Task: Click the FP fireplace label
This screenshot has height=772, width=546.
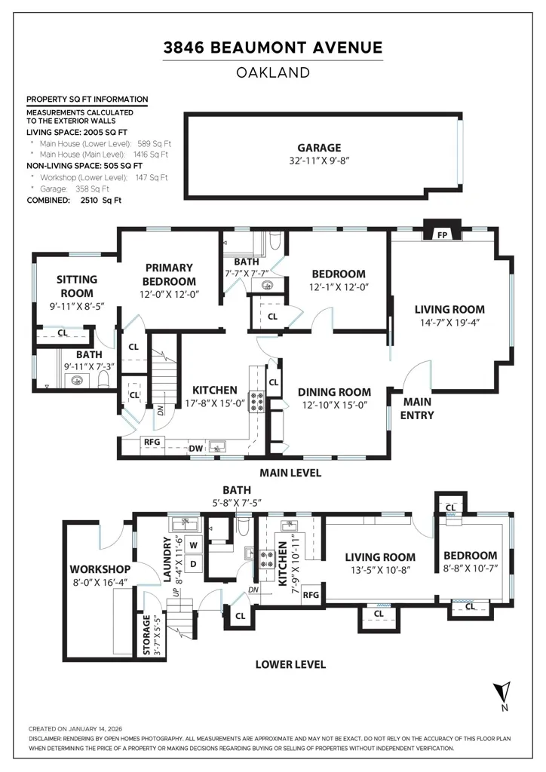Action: (x=442, y=235)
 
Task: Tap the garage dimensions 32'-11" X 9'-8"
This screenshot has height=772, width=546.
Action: (x=319, y=161)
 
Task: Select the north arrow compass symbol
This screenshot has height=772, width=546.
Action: (x=504, y=696)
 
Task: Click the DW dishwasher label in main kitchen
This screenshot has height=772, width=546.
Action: (x=196, y=448)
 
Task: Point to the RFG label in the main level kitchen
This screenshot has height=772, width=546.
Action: (x=152, y=442)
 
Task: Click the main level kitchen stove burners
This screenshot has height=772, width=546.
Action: (x=257, y=401)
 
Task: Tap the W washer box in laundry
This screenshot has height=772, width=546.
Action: (x=194, y=545)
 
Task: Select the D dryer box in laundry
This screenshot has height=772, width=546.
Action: (x=194, y=564)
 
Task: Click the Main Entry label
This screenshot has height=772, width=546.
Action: (x=417, y=409)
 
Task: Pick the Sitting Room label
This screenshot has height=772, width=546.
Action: (x=77, y=286)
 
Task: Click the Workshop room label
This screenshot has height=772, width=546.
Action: (x=100, y=569)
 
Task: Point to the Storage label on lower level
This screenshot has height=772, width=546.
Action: (x=146, y=635)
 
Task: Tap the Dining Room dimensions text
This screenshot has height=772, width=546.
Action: (x=335, y=405)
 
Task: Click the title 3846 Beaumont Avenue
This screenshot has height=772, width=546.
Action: (x=273, y=47)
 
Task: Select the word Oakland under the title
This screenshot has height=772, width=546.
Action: (x=273, y=73)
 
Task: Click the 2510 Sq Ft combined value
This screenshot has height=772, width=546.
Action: (x=101, y=201)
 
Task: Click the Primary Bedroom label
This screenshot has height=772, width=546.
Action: (x=169, y=274)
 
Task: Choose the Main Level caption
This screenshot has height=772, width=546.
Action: (x=290, y=473)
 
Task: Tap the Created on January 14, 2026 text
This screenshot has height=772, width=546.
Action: (x=75, y=729)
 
